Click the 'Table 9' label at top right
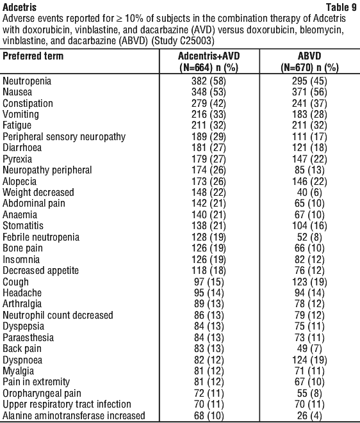(341, 7)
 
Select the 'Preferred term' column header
(33, 56)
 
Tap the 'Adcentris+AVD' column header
(209, 56)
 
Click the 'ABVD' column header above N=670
(309, 56)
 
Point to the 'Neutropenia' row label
(27, 81)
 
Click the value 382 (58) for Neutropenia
(209, 81)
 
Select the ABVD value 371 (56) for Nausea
(309, 92)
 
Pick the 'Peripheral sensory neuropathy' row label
(64, 137)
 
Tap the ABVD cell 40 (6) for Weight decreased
(309, 193)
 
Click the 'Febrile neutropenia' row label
(41, 237)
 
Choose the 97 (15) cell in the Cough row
(209, 282)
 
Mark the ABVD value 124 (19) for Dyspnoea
(309, 360)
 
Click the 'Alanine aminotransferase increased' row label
(74, 415)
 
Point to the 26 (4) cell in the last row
(309, 415)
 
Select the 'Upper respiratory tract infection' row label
(67, 404)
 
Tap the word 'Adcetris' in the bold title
(19, 7)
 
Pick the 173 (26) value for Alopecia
(209, 181)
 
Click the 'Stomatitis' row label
(23, 226)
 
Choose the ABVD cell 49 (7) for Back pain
(309, 349)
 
